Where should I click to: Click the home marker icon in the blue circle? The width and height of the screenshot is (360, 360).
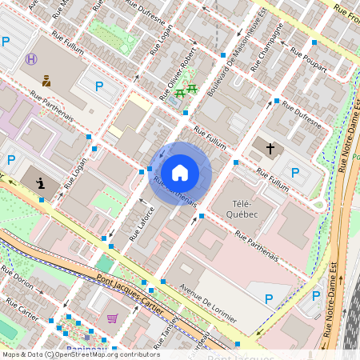pos(180,172)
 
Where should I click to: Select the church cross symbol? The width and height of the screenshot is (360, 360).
pos(270,149)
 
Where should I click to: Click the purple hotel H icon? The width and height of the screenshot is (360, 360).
pos(31,59)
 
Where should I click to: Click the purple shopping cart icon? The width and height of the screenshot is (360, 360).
pos(113,318)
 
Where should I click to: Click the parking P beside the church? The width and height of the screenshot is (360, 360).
pos(294,172)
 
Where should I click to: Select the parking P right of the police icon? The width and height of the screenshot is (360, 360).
pos(99,86)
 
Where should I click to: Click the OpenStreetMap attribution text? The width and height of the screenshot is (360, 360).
pos(80,354)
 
